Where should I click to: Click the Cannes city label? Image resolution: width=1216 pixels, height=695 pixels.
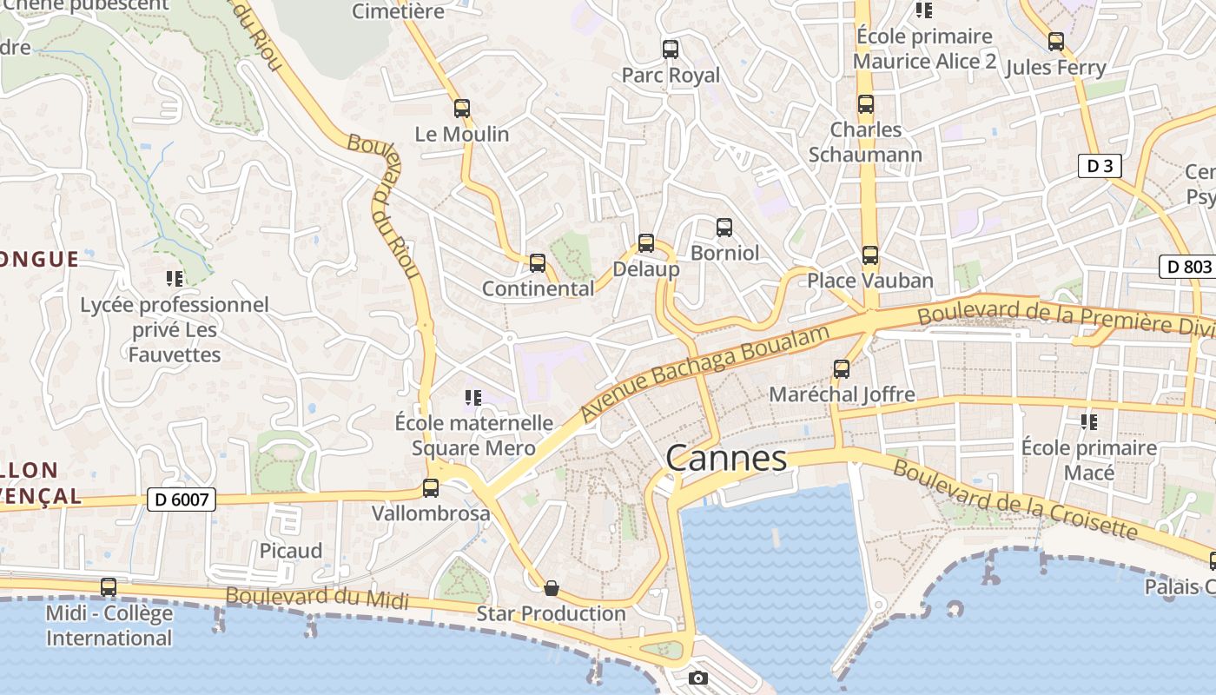[x=726, y=458]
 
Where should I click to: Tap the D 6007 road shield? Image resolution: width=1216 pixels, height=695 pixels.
[x=182, y=500]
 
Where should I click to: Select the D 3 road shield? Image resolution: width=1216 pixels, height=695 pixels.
[x=1099, y=166]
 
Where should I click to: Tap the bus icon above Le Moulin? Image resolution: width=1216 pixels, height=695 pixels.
[x=462, y=109]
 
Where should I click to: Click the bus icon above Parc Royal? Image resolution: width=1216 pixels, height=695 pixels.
[x=671, y=50]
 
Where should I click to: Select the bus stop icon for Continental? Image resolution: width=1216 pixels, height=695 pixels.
[x=538, y=263]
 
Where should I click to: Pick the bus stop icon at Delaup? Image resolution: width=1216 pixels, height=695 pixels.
[x=646, y=243]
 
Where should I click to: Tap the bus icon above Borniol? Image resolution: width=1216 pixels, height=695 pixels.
[x=724, y=228]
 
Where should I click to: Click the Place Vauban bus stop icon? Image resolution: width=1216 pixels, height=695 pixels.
[x=870, y=255]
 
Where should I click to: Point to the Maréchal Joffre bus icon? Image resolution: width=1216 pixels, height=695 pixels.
[x=842, y=369]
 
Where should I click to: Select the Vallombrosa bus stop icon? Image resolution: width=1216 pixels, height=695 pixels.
[x=431, y=488]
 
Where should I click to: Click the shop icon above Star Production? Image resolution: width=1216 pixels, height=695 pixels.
[x=551, y=588]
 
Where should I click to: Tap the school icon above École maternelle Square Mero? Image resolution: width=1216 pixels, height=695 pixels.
[x=473, y=398]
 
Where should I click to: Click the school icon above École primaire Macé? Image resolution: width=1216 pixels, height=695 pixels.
[x=1089, y=422]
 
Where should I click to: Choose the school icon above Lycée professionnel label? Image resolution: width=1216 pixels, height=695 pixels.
[x=175, y=279]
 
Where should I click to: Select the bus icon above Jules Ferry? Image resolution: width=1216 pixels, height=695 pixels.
[x=1056, y=42]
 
